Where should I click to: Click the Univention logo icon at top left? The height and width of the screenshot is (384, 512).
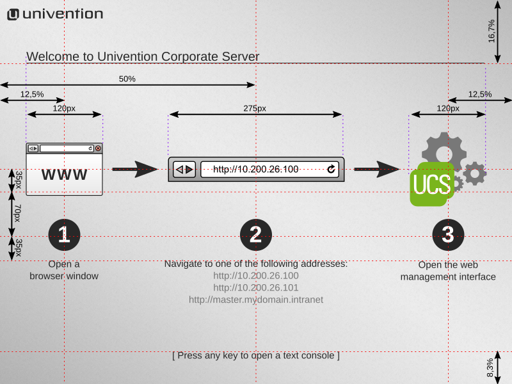click(12, 14)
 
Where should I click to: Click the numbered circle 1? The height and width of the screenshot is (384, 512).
click(64, 235)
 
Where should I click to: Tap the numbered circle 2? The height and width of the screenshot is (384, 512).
click(256, 235)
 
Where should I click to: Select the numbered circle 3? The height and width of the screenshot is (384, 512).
click(448, 235)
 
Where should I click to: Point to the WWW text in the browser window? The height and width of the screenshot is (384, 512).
click(64, 175)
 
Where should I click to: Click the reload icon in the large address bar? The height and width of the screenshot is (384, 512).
click(331, 169)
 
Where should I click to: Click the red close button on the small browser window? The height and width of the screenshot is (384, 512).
click(98, 148)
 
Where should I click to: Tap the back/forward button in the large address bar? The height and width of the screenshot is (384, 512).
click(184, 169)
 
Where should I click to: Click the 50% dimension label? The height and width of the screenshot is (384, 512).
click(127, 79)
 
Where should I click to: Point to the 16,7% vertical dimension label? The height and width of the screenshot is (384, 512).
click(492, 31)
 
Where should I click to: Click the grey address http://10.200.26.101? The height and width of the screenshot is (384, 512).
click(256, 287)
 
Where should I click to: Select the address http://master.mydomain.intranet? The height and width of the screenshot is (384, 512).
click(256, 299)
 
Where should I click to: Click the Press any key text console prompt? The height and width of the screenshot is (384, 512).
click(256, 355)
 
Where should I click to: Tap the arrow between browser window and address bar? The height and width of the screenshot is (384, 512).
click(135, 169)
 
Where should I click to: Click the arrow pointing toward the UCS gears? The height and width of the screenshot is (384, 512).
click(377, 169)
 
